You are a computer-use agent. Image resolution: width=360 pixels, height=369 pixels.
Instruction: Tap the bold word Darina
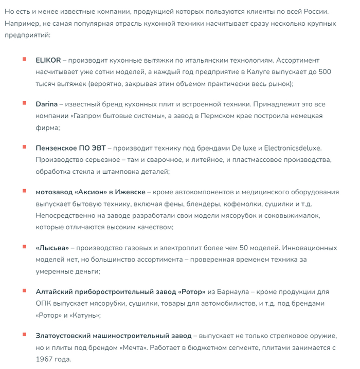click(47, 104)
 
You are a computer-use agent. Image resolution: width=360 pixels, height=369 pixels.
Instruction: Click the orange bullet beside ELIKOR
click(24, 59)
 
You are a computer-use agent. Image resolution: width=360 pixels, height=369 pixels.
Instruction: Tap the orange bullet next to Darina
click(24, 103)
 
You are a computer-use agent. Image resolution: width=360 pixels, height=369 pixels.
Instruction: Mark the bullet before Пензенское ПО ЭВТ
click(24, 147)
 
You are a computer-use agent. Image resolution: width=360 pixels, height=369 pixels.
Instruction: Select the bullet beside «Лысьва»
click(24, 247)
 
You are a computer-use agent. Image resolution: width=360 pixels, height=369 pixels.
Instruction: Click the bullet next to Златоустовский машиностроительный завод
click(24, 335)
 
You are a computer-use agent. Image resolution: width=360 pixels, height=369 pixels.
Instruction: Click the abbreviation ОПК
click(44, 304)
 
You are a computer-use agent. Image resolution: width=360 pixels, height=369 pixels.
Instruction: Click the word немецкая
click(305, 116)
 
